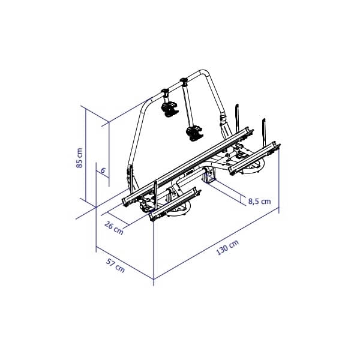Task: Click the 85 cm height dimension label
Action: point(80,158)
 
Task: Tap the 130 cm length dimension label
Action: point(227,247)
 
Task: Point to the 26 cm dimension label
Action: point(114,227)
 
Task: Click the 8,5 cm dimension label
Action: point(259,202)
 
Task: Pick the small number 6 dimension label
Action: point(103,171)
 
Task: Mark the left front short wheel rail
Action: point(174,204)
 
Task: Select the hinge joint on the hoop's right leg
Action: point(225,123)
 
